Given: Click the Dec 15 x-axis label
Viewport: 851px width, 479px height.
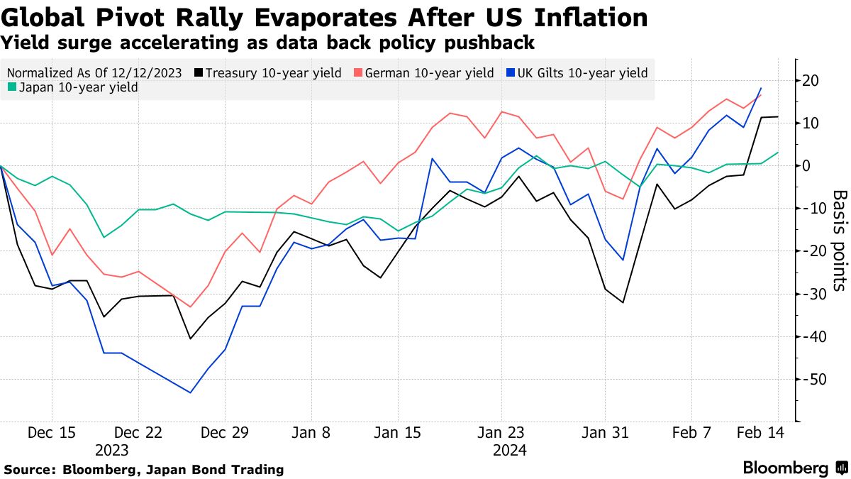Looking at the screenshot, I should pos(52,432).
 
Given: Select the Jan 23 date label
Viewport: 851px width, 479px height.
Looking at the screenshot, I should pos(501,432).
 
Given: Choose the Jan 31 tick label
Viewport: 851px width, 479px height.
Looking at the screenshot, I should pos(606,432).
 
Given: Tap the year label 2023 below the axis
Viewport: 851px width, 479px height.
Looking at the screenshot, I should pos(112,450).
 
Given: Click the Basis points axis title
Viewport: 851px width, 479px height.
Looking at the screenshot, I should pos(839,240).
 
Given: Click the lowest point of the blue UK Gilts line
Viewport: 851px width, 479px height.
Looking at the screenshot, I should pos(191,392).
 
